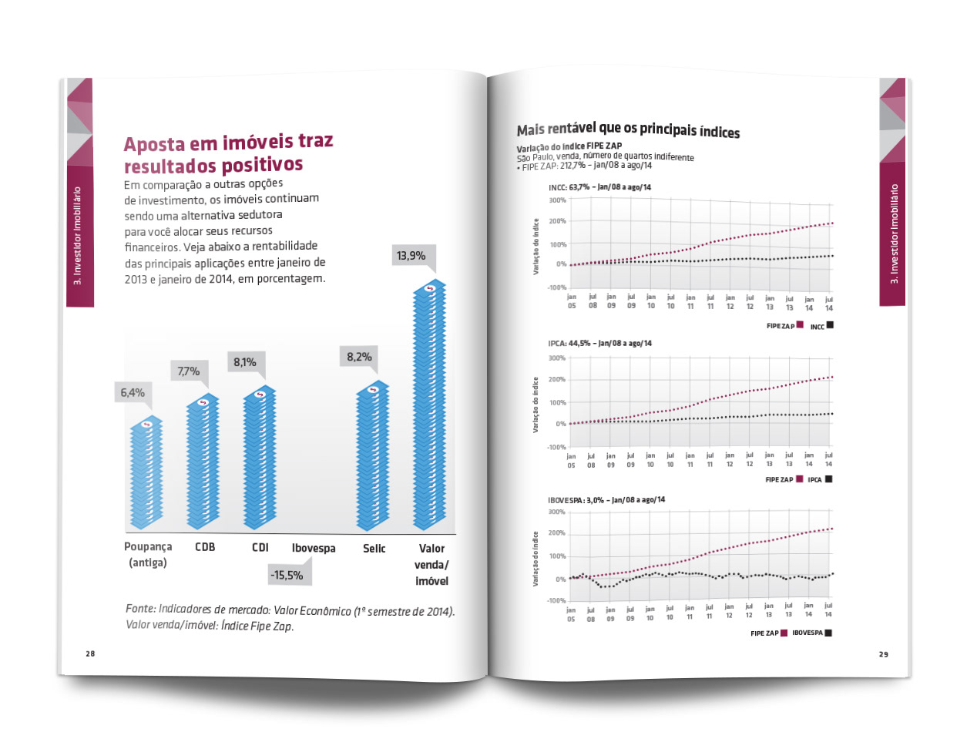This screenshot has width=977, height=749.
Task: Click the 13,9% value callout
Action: coord(411,255)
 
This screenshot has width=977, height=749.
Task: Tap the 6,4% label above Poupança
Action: coord(133,393)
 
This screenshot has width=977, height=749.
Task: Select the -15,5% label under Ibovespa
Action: coord(287,575)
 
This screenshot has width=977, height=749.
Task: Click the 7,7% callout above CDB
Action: coord(189,371)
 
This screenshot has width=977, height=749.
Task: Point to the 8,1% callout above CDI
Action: coord(245,362)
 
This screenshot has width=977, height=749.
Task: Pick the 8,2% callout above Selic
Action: coord(359,357)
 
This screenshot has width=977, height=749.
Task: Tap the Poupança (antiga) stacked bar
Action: coord(146,473)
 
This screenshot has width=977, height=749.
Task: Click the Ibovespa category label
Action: coord(314,548)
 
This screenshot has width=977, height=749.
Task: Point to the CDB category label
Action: coord(205,547)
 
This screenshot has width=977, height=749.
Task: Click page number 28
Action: coord(90,653)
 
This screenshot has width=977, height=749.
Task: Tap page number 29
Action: coord(883,654)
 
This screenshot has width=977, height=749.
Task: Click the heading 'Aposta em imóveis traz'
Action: coord(228,143)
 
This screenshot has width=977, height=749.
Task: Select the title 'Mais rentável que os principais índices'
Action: coord(628,130)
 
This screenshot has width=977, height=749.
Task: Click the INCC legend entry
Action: coord(821,326)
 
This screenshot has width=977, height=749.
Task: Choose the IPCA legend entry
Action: coord(819,479)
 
